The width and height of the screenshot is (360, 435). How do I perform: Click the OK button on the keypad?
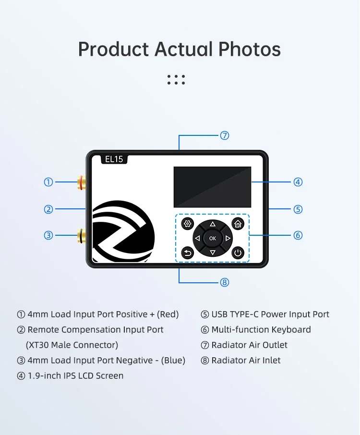point(213,238)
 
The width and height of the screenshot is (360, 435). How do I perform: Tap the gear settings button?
point(188,223)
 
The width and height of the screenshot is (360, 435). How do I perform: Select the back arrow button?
point(188,253)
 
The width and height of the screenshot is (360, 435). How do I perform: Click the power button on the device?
point(238,253)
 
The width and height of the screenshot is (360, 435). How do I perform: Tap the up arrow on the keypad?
point(213,224)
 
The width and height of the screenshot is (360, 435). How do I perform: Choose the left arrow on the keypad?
point(197,238)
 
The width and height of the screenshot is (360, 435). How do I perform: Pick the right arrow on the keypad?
point(228,238)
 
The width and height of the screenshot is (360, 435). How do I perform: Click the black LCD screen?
point(213,187)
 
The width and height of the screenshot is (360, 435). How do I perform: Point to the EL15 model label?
point(114,159)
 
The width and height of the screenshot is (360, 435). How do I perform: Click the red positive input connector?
point(82,182)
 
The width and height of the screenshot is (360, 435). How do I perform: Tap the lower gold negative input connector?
point(82,235)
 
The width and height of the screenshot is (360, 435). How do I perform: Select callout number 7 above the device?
point(224,136)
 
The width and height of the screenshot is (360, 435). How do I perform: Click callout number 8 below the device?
point(224,282)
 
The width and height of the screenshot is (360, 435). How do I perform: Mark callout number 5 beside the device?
point(298,209)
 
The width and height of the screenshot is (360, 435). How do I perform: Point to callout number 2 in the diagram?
point(48,209)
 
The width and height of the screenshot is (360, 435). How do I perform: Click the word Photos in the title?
point(249,49)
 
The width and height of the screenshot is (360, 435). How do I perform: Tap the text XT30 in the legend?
point(38,345)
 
